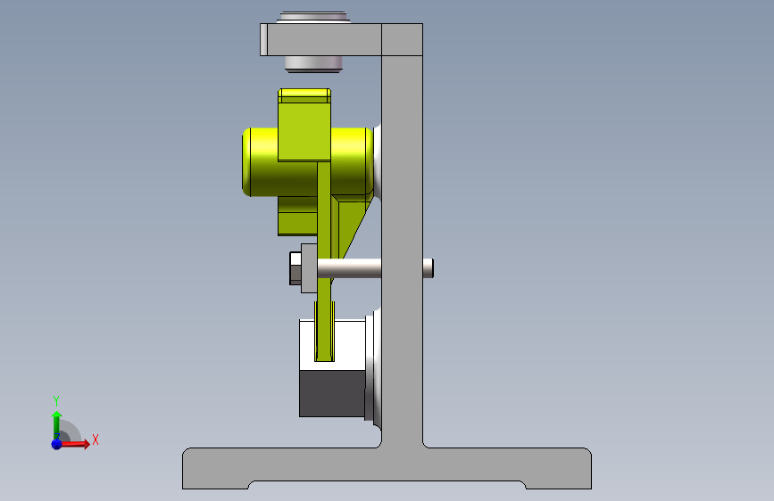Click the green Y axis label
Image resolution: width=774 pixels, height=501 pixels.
click(x=56, y=400)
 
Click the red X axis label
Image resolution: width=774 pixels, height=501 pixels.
click(x=96, y=439)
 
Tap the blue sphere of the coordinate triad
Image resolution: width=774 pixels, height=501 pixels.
click(x=57, y=444)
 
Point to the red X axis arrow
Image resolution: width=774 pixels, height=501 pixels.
click(x=74, y=444)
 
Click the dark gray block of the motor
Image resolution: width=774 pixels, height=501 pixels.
click(x=332, y=393)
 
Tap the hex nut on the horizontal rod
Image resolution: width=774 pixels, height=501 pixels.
click(x=295, y=268)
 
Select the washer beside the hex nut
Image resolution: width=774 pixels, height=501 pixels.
click(x=309, y=268)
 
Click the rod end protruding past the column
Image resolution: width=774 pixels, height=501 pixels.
click(x=428, y=268)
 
